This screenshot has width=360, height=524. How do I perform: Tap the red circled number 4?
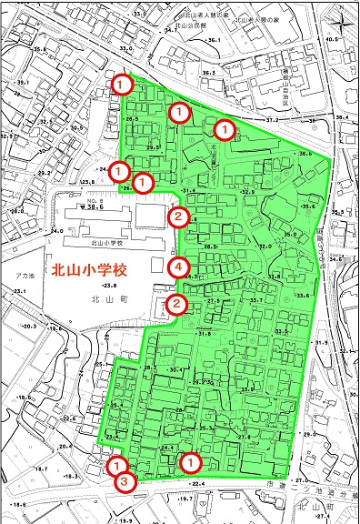[x=178, y=267]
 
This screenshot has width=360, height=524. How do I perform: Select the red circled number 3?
[x=126, y=482]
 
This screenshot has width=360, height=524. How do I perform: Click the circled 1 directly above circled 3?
[x=116, y=466]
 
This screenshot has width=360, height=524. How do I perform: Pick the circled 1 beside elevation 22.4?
[x=190, y=462]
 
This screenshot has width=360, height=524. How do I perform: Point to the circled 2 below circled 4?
[x=178, y=304]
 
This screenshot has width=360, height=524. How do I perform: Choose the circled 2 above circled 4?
[x=178, y=216]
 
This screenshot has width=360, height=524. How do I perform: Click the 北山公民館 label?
[x=191, y=26]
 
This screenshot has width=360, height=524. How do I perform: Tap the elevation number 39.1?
[x=23, y=83]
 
